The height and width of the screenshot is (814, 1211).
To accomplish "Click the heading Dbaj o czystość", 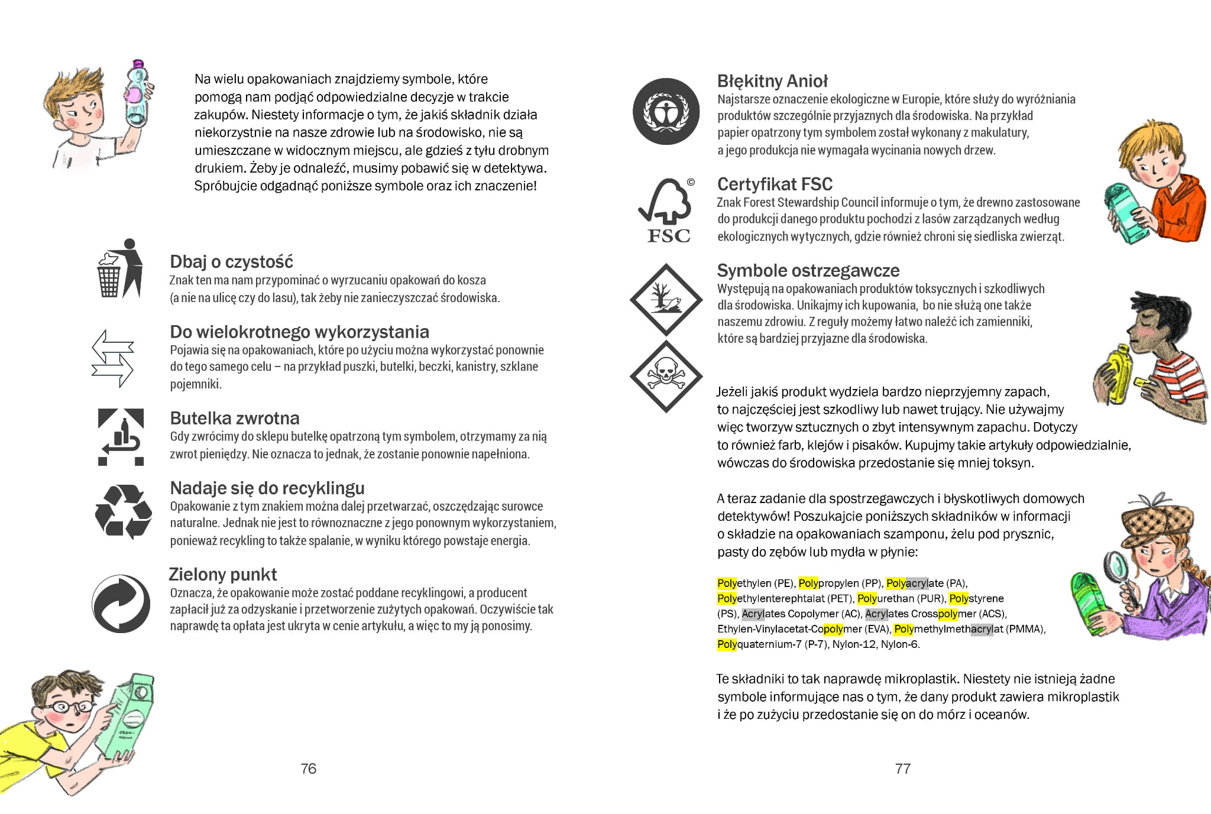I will pyautogui.click(x=231, y=262).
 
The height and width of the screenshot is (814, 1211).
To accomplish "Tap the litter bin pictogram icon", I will pyautogui.click(x=119, y=269).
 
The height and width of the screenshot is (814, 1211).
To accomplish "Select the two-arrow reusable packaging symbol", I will pyautogui.click(x=112, y=358).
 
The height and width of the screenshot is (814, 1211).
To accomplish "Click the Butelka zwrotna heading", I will pyautogui.click(x=234, y=419).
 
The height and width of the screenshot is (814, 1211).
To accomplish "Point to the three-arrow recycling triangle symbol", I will pyautogui.click(x=123, y=512).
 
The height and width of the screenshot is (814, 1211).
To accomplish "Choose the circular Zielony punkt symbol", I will pyautogui.click(x=121, y=604).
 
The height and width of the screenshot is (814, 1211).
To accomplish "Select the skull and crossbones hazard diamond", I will pyautogui.click(x=666, y=376).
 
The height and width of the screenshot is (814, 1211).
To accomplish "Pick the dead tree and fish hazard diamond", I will pyautogui.click(x=666, y=300).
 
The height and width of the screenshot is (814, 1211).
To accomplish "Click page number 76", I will pyautogui.click(x=308, y=768).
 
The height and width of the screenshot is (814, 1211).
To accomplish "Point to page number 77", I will pyautogui.click(x=903, y=768).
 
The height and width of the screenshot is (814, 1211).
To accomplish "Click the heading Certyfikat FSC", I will pyautogui.click(x=775, y=184).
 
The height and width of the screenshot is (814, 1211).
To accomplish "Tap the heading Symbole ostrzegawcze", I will pyautogui.click(x=808, y=271).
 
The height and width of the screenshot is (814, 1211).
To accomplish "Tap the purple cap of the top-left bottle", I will pyautogui.click(x=138, y=63).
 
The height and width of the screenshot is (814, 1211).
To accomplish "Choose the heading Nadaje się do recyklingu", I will pyautogui.click(x=267, y=488).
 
